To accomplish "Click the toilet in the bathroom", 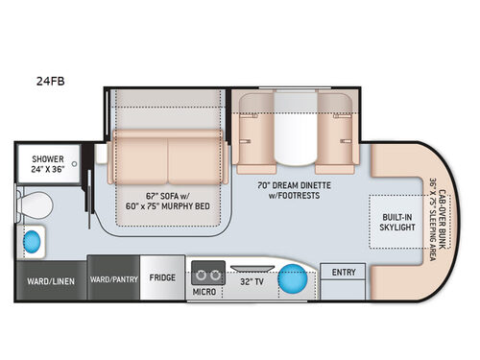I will pyautogui.click(x=38, y=204).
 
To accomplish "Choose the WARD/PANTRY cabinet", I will pyautogui.click(x=113, y=279).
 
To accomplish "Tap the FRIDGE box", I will pyautogui.click(x=162, y=278).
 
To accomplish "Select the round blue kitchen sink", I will pyautogui.click(x=293, y=281).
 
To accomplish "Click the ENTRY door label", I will pyautogui.click(x=344, y=273).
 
